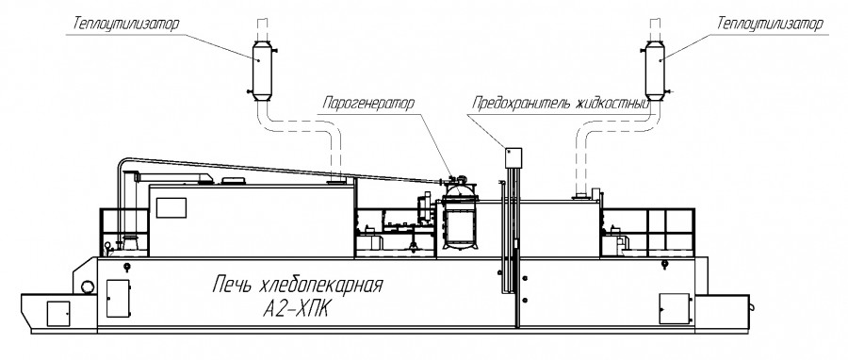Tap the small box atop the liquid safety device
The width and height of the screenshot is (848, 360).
(x=514, y=155)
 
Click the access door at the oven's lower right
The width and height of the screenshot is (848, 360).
(x=675, y=306)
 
